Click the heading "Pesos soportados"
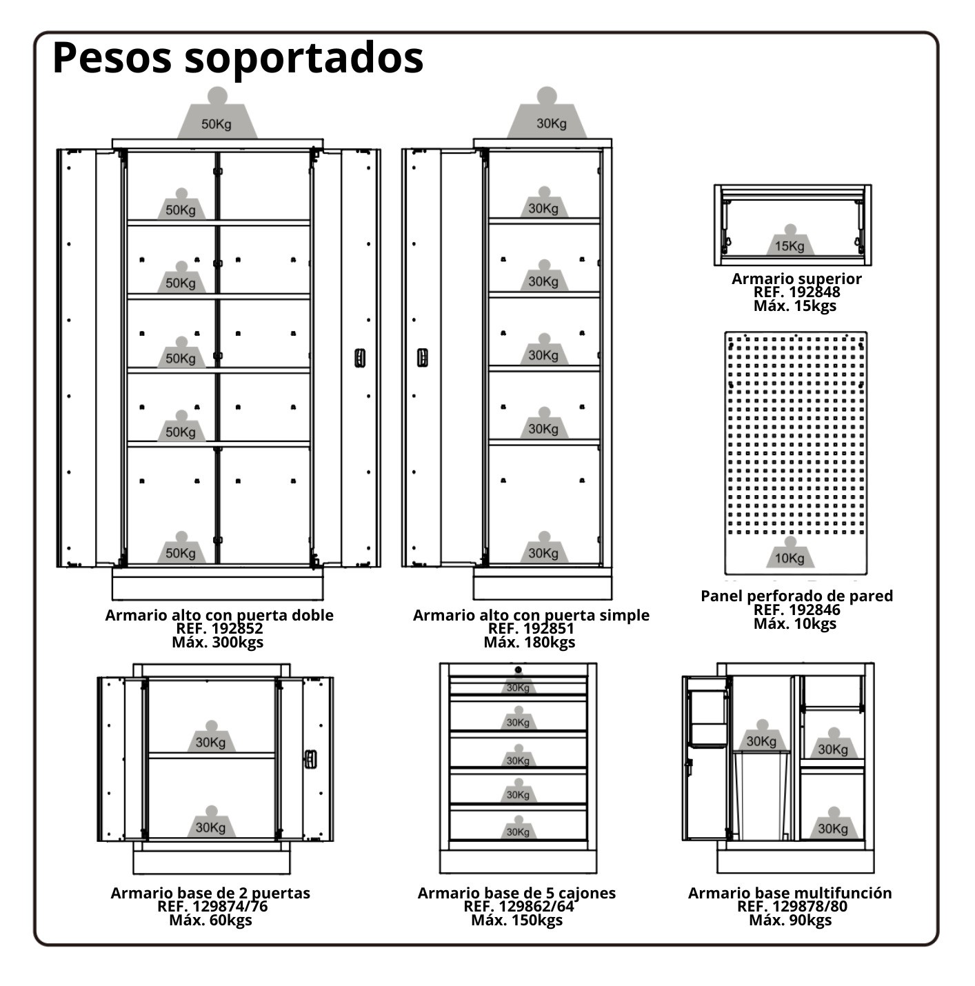coord(237,59)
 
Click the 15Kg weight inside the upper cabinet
coord(790,241)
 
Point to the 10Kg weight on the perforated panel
coord(790,552)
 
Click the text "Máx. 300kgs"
coord(217,642)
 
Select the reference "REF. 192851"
coord(531,628)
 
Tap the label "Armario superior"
coord(796,279)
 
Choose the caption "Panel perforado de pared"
coord(796,596)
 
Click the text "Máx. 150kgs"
coord(517,920)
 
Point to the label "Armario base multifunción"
coord(790,893)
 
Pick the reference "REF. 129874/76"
coord(212,906)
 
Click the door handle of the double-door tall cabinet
coord(360,358)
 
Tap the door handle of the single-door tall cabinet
coord(422,358)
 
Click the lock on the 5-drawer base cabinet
coord(518,670)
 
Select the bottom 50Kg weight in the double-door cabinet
coord(181,547)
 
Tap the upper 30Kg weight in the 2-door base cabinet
coord(211,736)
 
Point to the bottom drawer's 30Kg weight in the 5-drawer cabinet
coord(518,827)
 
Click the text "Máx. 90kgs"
coord(790,920)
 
